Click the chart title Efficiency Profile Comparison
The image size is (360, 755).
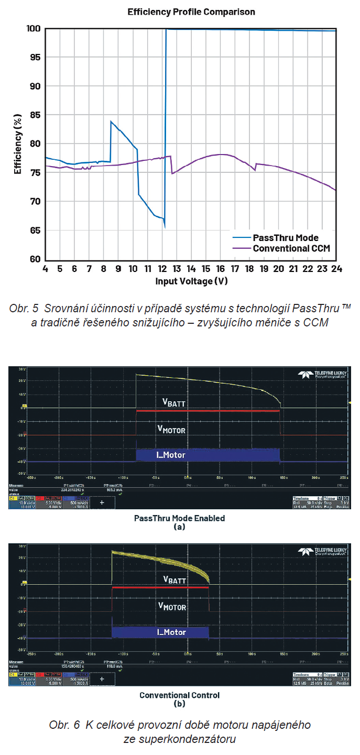pos(191,12)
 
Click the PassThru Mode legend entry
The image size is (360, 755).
pos(286,237)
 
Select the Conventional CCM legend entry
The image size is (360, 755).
pos(291,248)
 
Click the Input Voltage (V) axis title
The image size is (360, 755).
pos(191,281)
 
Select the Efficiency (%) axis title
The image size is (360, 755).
pos(18,144)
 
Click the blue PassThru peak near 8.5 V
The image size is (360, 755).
pos(111,122)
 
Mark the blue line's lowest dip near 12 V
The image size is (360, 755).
pos(165,226)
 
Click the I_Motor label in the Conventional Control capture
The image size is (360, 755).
pos(171,632)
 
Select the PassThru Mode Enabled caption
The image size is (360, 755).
pos(179,518)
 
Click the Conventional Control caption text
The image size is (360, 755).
pos(179,695)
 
